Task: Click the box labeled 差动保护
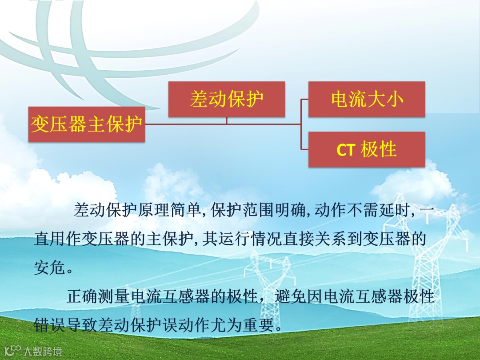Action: click(x=227, y=99)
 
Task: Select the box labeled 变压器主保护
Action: click(x=87, y=124)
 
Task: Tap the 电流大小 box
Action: click(x=367, y=99)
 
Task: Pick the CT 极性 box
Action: click(x=367, y=149)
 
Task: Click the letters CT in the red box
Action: click(x=345, y=150)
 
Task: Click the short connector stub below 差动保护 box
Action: click(x=227, y=120)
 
